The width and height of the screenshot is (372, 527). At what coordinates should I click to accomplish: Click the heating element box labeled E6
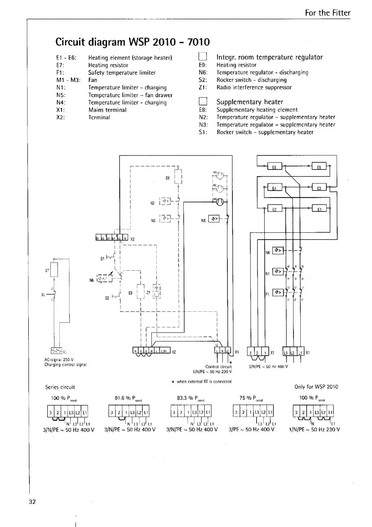coord(275,167)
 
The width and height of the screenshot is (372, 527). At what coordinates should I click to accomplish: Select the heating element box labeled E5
coord(319,167)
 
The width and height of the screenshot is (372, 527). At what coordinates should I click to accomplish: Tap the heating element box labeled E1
coord(319,208)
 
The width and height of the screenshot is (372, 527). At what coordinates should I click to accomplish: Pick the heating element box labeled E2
coord(275,208)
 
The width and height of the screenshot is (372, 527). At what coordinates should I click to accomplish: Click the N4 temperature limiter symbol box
coord(278,250)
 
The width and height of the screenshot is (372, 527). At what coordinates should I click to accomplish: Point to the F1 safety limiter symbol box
coord(278,293)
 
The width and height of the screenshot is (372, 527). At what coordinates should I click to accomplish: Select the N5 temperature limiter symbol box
coord(214,219)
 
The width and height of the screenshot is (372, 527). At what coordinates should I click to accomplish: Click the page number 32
coord(33,502)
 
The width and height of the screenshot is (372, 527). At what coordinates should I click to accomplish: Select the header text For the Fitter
coord(327,13)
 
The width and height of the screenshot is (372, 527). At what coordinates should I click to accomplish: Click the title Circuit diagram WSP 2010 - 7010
coord(132,42)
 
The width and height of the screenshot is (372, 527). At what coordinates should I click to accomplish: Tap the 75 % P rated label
coord(251,399)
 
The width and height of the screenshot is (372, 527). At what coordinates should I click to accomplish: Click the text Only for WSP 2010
coord(316,387)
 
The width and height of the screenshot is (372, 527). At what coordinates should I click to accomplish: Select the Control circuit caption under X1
coord(218,367)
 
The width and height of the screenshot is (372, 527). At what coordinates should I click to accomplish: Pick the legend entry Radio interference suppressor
coord(254,88)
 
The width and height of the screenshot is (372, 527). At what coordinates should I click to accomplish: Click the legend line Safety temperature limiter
coord(122,73)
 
